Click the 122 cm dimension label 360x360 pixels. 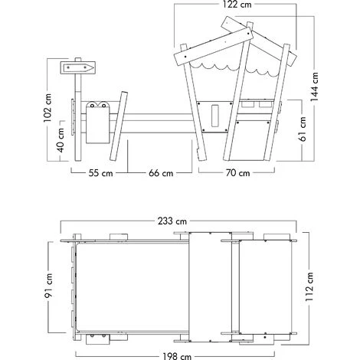coord(237,5)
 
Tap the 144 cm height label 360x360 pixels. coord(315,87)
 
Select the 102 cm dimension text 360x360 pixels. coord(47,108)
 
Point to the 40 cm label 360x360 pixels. coord(61,140)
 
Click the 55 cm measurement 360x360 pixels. coord(100,173)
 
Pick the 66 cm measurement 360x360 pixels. coord(161,173)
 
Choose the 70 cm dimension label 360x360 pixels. coord(237,173)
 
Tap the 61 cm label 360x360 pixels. coord(303,129)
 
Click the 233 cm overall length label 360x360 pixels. coord(172,221)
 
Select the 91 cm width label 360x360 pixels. coord(48,285)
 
